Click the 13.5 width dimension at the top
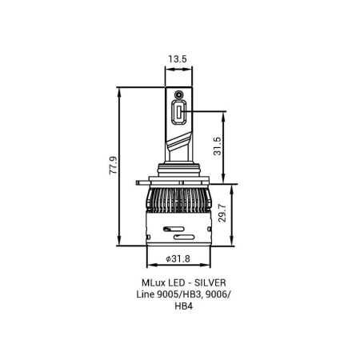(x=178, y=58)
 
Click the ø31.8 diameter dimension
(x=178, y=258)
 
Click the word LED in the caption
(x=173, y=283)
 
